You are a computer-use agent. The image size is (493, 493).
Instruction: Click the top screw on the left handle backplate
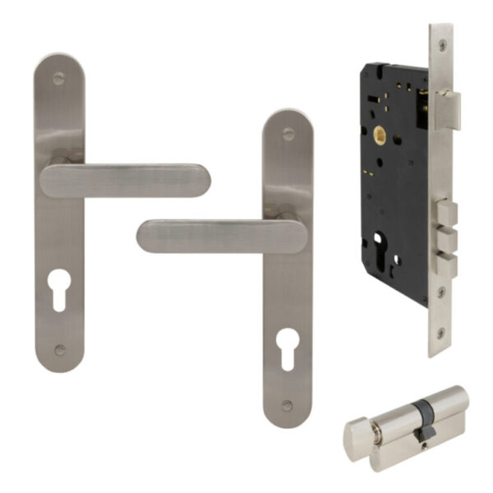59,80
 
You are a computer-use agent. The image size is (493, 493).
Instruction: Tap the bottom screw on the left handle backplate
59,350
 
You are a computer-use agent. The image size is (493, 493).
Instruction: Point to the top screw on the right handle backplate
288,134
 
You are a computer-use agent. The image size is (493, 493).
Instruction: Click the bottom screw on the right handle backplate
287,405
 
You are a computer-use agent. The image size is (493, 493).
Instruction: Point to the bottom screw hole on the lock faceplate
441,333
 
